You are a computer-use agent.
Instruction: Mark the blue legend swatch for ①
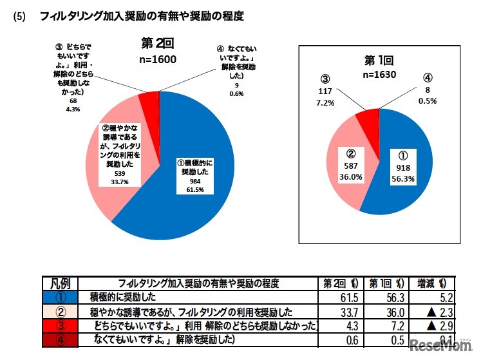pyautogui.click(x=59, y=298)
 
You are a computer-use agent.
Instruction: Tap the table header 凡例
pyautogui.click(x=59, y=283)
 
